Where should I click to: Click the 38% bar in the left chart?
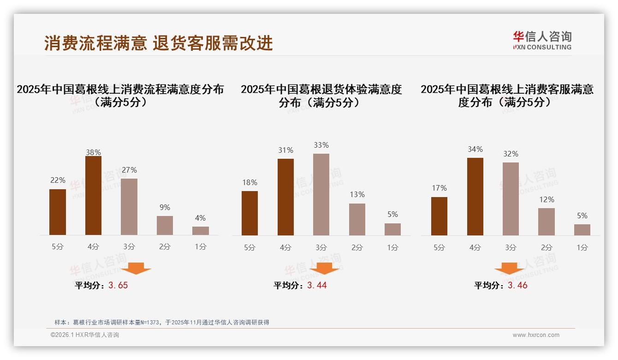point(93,196)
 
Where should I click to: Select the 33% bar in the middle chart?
point(321,194)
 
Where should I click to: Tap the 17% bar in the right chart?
point(439,216)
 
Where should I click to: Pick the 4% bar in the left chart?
point(200,231)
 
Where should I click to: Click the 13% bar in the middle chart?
point(357,219)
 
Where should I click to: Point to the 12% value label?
point(547,200)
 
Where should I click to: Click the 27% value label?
point(129,170)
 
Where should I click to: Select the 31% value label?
point(285,150)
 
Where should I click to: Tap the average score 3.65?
point(118,285)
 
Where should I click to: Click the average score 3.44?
point(317,285)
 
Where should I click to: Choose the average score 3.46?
point(517,285)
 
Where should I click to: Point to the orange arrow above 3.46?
point(509,268)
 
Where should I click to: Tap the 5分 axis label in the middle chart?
point(250,247)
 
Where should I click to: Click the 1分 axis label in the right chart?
point(582,247)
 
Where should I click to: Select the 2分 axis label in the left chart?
point(165,247)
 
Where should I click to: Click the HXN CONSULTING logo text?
point(542,47)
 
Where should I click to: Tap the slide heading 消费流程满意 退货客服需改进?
point(159,43)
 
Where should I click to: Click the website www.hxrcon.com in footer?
point(536,335)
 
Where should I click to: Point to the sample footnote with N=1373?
point(161,322)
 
